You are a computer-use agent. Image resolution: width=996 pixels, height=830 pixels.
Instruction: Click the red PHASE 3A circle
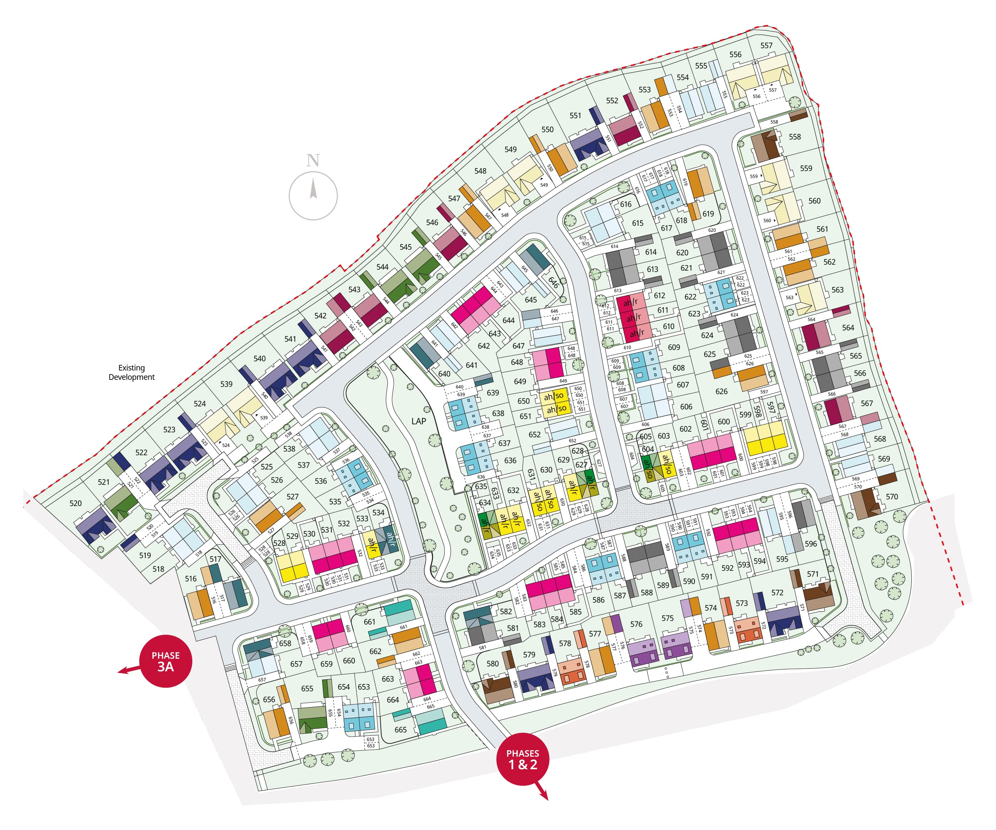point(166,661)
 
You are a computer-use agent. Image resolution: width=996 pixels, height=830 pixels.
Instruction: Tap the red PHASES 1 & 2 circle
point(523,759)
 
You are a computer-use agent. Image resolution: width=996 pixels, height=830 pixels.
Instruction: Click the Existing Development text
point(131,372)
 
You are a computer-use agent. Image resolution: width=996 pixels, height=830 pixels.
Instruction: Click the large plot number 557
point(767,45)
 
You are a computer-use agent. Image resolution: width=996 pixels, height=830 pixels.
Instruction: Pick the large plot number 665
point(400,729)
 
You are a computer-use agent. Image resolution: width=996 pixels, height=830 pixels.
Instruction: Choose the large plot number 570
point(892,497)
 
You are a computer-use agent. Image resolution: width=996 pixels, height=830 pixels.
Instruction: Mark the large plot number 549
point(510,149)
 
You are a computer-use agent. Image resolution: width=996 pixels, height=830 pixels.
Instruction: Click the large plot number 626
point(721,391)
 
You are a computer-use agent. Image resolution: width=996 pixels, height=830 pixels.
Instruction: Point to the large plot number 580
point(492,664)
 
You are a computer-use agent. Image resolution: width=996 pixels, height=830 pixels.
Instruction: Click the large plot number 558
point(795,136)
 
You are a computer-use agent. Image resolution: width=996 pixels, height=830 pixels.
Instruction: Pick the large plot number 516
point(191,578)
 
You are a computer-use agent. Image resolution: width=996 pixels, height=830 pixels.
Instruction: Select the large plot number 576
point(636,624)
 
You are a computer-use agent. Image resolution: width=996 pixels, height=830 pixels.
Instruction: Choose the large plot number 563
point(838,290)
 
